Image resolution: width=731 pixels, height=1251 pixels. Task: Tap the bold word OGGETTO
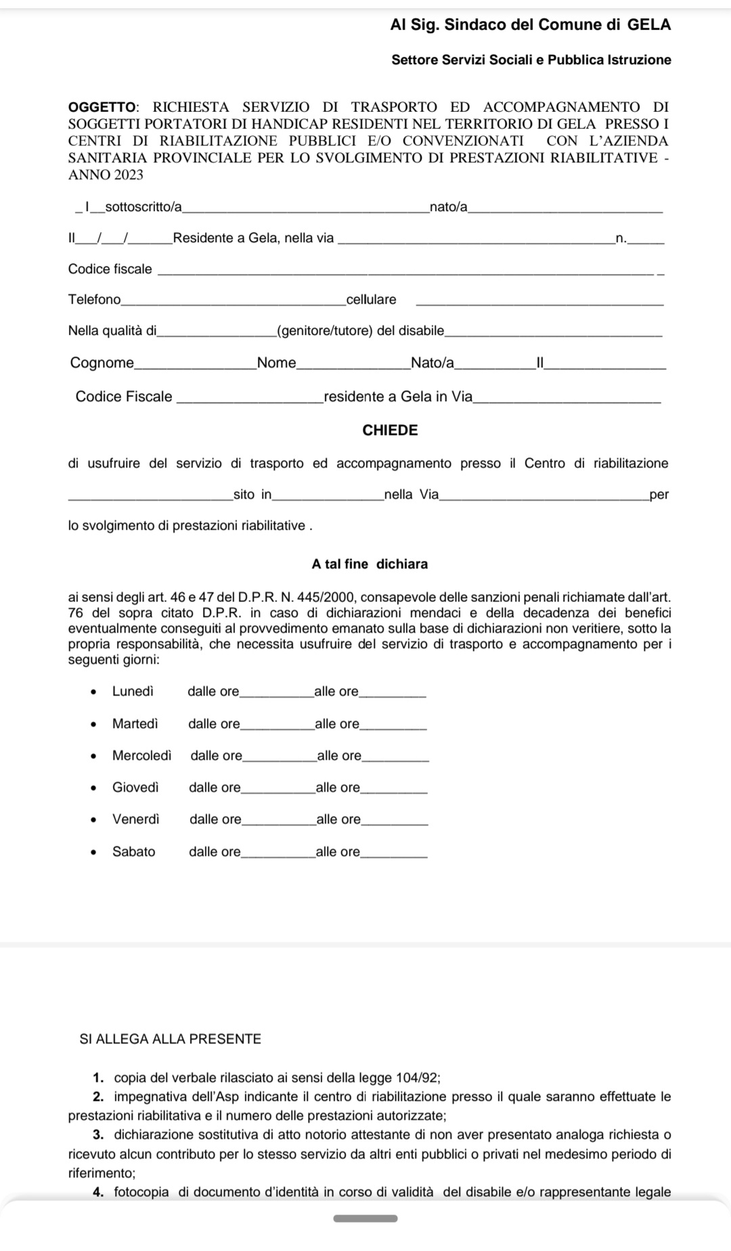[x=102, y=107]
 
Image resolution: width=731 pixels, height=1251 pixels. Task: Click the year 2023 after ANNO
[x=129, y=175]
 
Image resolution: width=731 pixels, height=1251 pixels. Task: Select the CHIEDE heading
[x=391, y=430]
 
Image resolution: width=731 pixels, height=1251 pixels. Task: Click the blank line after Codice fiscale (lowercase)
[x=406, y=272]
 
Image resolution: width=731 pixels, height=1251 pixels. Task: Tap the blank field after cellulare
[x=539, y=302]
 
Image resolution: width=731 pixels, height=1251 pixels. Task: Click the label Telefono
[x=94, y=300]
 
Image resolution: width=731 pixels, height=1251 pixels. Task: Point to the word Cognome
[x=102, y=363]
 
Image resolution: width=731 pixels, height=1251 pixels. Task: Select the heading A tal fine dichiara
[x=370, y=564]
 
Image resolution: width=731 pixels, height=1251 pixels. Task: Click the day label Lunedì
[x=133, y=691]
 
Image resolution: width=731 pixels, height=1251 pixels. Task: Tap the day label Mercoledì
[x=142, y=756]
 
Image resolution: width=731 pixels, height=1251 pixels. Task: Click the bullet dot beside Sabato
[x=94, y=852]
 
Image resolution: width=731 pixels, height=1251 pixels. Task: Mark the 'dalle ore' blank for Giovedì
[x=278, y=790]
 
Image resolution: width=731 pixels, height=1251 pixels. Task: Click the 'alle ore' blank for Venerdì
[x=395, y=821]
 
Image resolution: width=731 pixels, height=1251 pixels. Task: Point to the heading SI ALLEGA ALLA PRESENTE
[x=171, y=1039]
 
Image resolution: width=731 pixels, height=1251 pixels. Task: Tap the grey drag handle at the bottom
[x=365, y=1219]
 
